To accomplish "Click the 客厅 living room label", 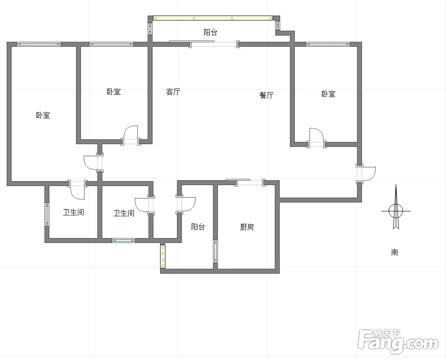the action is tap(173, 92).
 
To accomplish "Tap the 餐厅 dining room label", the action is tap(266, 95).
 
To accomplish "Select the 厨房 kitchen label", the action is tap(247, 227).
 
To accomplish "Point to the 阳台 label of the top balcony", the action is tap(210, 32).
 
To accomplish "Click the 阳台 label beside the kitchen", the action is tap(198, 227).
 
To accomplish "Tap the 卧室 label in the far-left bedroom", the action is tap(43, 115).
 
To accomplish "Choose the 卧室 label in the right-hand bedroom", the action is tap(328, 94).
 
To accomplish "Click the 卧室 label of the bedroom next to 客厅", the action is tap(113, 92).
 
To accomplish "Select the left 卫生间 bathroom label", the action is tap(73, 212).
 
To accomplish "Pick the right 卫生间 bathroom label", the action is tap(124, 213).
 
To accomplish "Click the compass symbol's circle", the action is tap(396, 211).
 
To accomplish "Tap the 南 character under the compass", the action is tap(394, 252).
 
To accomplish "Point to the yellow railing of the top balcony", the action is tap(213, 18).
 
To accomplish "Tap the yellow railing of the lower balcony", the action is tap(163, 256).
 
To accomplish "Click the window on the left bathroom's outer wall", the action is tap(47, 214).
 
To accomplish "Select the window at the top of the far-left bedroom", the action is tap(39, 44).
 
